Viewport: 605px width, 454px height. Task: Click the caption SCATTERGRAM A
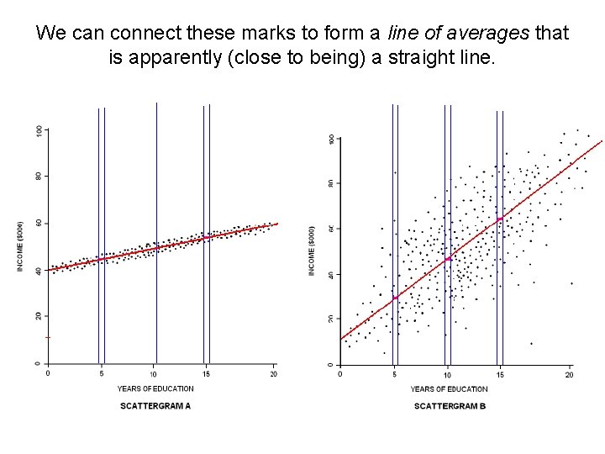coord(155,406)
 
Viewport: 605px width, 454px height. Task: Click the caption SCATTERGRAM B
coord(450,407)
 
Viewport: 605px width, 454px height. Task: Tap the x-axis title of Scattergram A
coord(155,388)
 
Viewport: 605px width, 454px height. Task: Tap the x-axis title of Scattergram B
coord(449,389)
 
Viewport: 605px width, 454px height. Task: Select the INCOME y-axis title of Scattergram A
coord(21,245)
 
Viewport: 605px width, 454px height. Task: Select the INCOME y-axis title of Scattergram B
coord(313,249)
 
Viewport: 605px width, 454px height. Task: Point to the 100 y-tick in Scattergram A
coord(38,130)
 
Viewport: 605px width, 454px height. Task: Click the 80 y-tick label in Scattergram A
coord(38,177)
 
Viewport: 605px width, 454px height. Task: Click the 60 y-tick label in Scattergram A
coord(38,223)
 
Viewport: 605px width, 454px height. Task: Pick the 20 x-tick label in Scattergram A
coord(273,373)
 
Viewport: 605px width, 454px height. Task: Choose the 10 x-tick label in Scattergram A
coord(154,373)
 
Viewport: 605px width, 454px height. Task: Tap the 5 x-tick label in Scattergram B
coord(394,374)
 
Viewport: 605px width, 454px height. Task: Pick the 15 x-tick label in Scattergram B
coord(499,374)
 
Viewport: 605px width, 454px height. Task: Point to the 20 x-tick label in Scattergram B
coord(569,374)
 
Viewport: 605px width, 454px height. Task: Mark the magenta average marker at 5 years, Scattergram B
coord(395,298)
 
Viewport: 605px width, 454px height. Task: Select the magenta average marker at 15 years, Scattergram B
coord(500,219)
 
